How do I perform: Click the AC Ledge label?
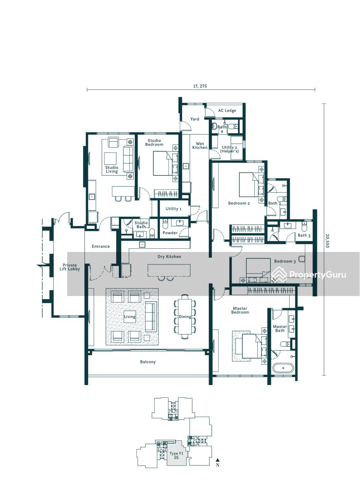[227, 111]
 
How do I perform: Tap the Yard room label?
[195, 119]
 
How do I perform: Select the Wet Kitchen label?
[200, 145]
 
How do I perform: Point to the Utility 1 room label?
[173, 209]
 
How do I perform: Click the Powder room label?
[170, 233]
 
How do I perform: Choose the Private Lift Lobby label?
[70, 267]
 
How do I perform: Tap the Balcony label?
[148, 362]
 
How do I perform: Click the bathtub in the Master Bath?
[283, 368]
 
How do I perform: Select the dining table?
[185, 317]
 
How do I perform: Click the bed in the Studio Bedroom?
[165, 163]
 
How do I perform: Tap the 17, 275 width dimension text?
[200, 86]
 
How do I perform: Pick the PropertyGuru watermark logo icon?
[279, 274]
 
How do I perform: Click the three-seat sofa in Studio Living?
[128, 159]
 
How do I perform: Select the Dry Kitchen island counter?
[169, 270]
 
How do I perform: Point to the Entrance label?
[101, 246]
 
